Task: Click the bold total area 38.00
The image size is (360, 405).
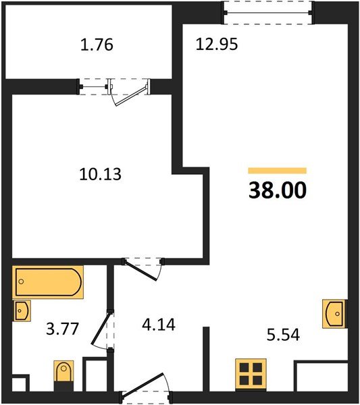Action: pyautogui.click(x=278, y=191)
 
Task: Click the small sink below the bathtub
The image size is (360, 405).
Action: pyautogui.click(x=22, y=311)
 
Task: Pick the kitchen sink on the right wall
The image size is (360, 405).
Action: pyautogui.click(x=334, y=313)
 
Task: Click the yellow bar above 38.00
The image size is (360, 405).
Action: pyautogui.click(x=278, y=171)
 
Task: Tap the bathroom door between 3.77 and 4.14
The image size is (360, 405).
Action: pyautogui.click(x=108, y=329)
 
